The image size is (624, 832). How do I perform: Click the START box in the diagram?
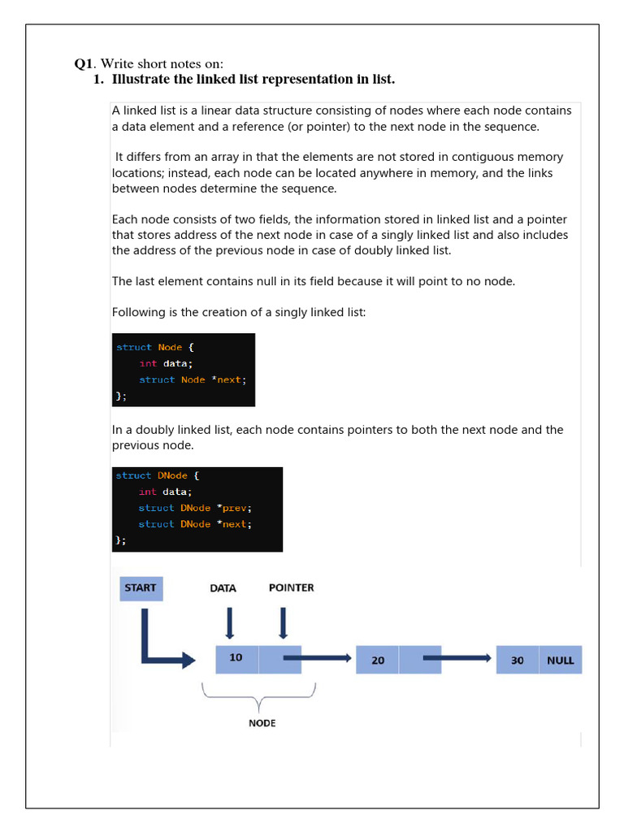point(141,588)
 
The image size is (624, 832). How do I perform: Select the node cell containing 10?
point(236,659)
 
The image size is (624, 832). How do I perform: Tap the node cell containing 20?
point(378,660)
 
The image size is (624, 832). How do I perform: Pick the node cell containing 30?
point(518,660)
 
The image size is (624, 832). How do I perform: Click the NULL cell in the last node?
point(560,660)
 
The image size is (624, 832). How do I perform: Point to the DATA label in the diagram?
point(223,588)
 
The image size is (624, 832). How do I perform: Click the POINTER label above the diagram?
point(291,587)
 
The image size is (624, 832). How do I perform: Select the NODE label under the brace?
point(262,723)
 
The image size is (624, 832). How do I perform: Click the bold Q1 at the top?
point(84,64)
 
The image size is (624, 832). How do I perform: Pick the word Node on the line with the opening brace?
point(170,347)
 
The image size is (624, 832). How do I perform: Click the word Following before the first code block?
point(138,312)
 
